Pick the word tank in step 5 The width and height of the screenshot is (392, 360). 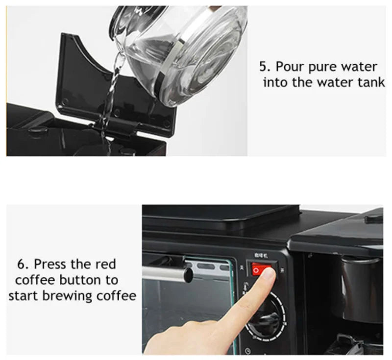pyautogui.click(x=371, y=82)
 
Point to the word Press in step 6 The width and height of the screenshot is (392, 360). pyautogui.click(x=49, y=264)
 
